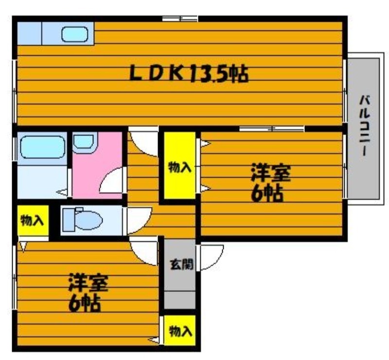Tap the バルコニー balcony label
(x=364, y=126)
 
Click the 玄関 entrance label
(x=181, y=264)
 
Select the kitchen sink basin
(x=75, y=34)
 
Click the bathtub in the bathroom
(x=42, y=147)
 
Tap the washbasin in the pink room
(x=84, y=142)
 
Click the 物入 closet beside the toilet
(x=33, y=220)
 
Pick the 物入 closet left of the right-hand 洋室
(x=180, y=165)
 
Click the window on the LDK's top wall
(x=180, y=18)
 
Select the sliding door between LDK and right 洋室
(x=272, y=129)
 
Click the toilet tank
(x=68, y=220)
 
